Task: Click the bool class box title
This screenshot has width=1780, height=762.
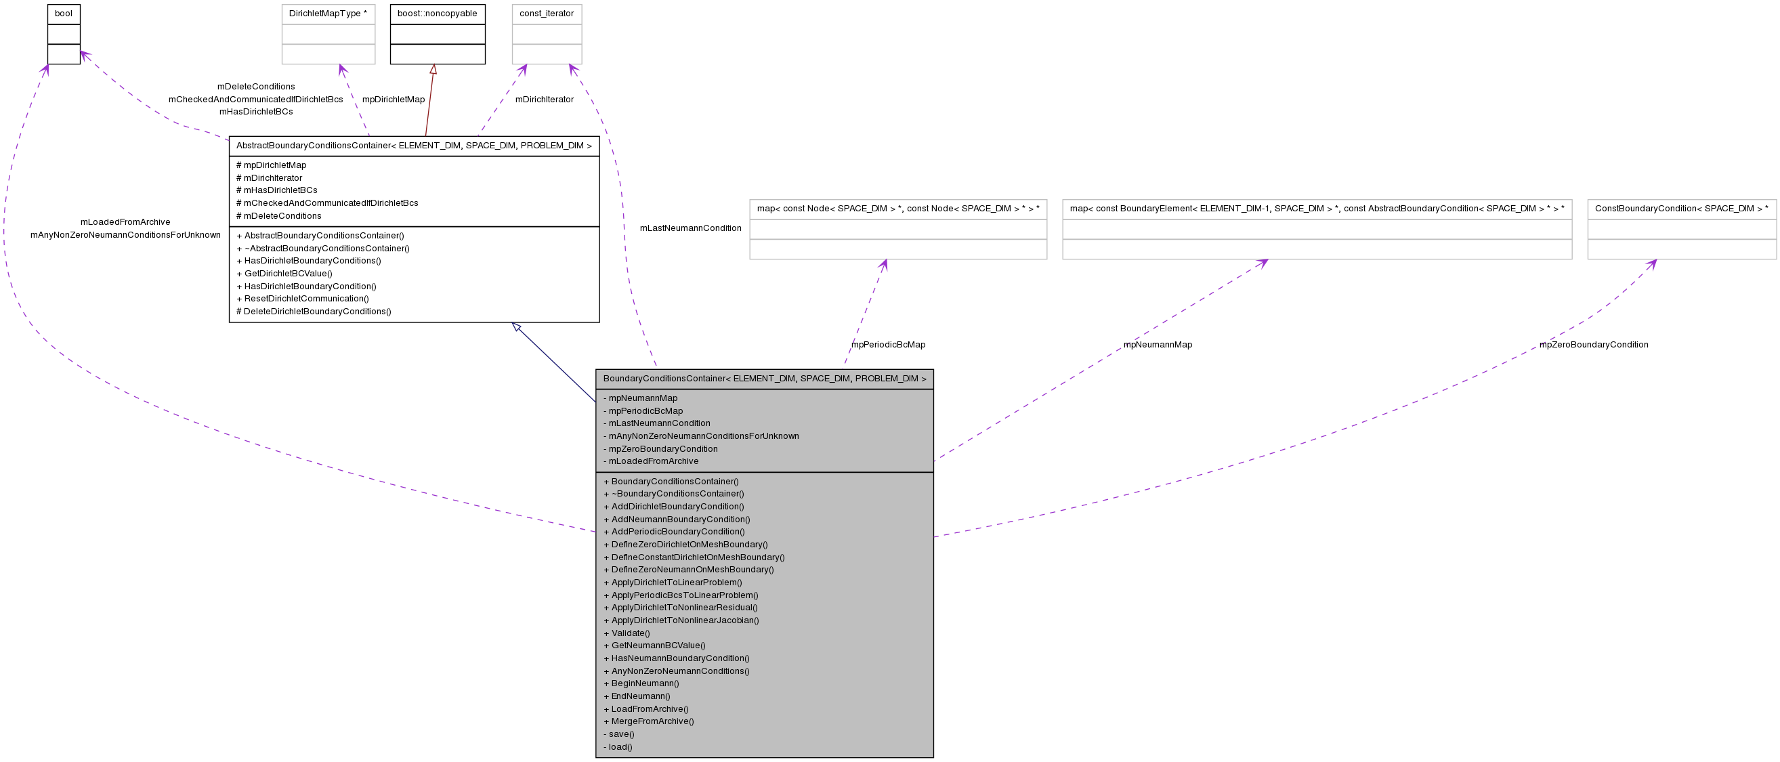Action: click(64, 14)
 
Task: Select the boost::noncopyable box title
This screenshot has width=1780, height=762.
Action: click(437, 14)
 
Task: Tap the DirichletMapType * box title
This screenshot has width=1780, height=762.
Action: click(328, 14)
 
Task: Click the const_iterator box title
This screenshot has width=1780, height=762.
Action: click(547, 14)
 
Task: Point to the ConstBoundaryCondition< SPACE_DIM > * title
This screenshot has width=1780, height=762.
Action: click(1681, 209)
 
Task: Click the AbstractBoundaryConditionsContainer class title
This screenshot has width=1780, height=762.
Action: click(414, 146)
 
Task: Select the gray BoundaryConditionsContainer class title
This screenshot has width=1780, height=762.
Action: click(764, 379)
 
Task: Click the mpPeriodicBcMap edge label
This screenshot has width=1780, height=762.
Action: click(888, 345)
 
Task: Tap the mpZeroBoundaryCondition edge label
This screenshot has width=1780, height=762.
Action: click(1594, 345)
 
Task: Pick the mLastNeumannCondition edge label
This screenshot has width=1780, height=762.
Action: click(690, 228)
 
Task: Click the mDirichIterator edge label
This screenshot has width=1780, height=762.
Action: click(545, 100)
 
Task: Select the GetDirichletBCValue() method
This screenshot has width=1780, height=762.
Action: click(288, 274)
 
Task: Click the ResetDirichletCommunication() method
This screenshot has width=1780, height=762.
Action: click(306, 299)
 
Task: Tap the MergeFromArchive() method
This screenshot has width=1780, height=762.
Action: click(652, 721)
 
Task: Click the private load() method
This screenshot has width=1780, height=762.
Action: click(620, 747)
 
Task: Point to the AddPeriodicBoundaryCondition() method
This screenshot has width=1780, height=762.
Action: click(678, 531)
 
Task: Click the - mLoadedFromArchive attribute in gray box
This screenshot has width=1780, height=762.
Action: click(653, 461)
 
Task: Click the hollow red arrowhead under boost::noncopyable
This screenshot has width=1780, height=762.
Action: click(433, 69)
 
